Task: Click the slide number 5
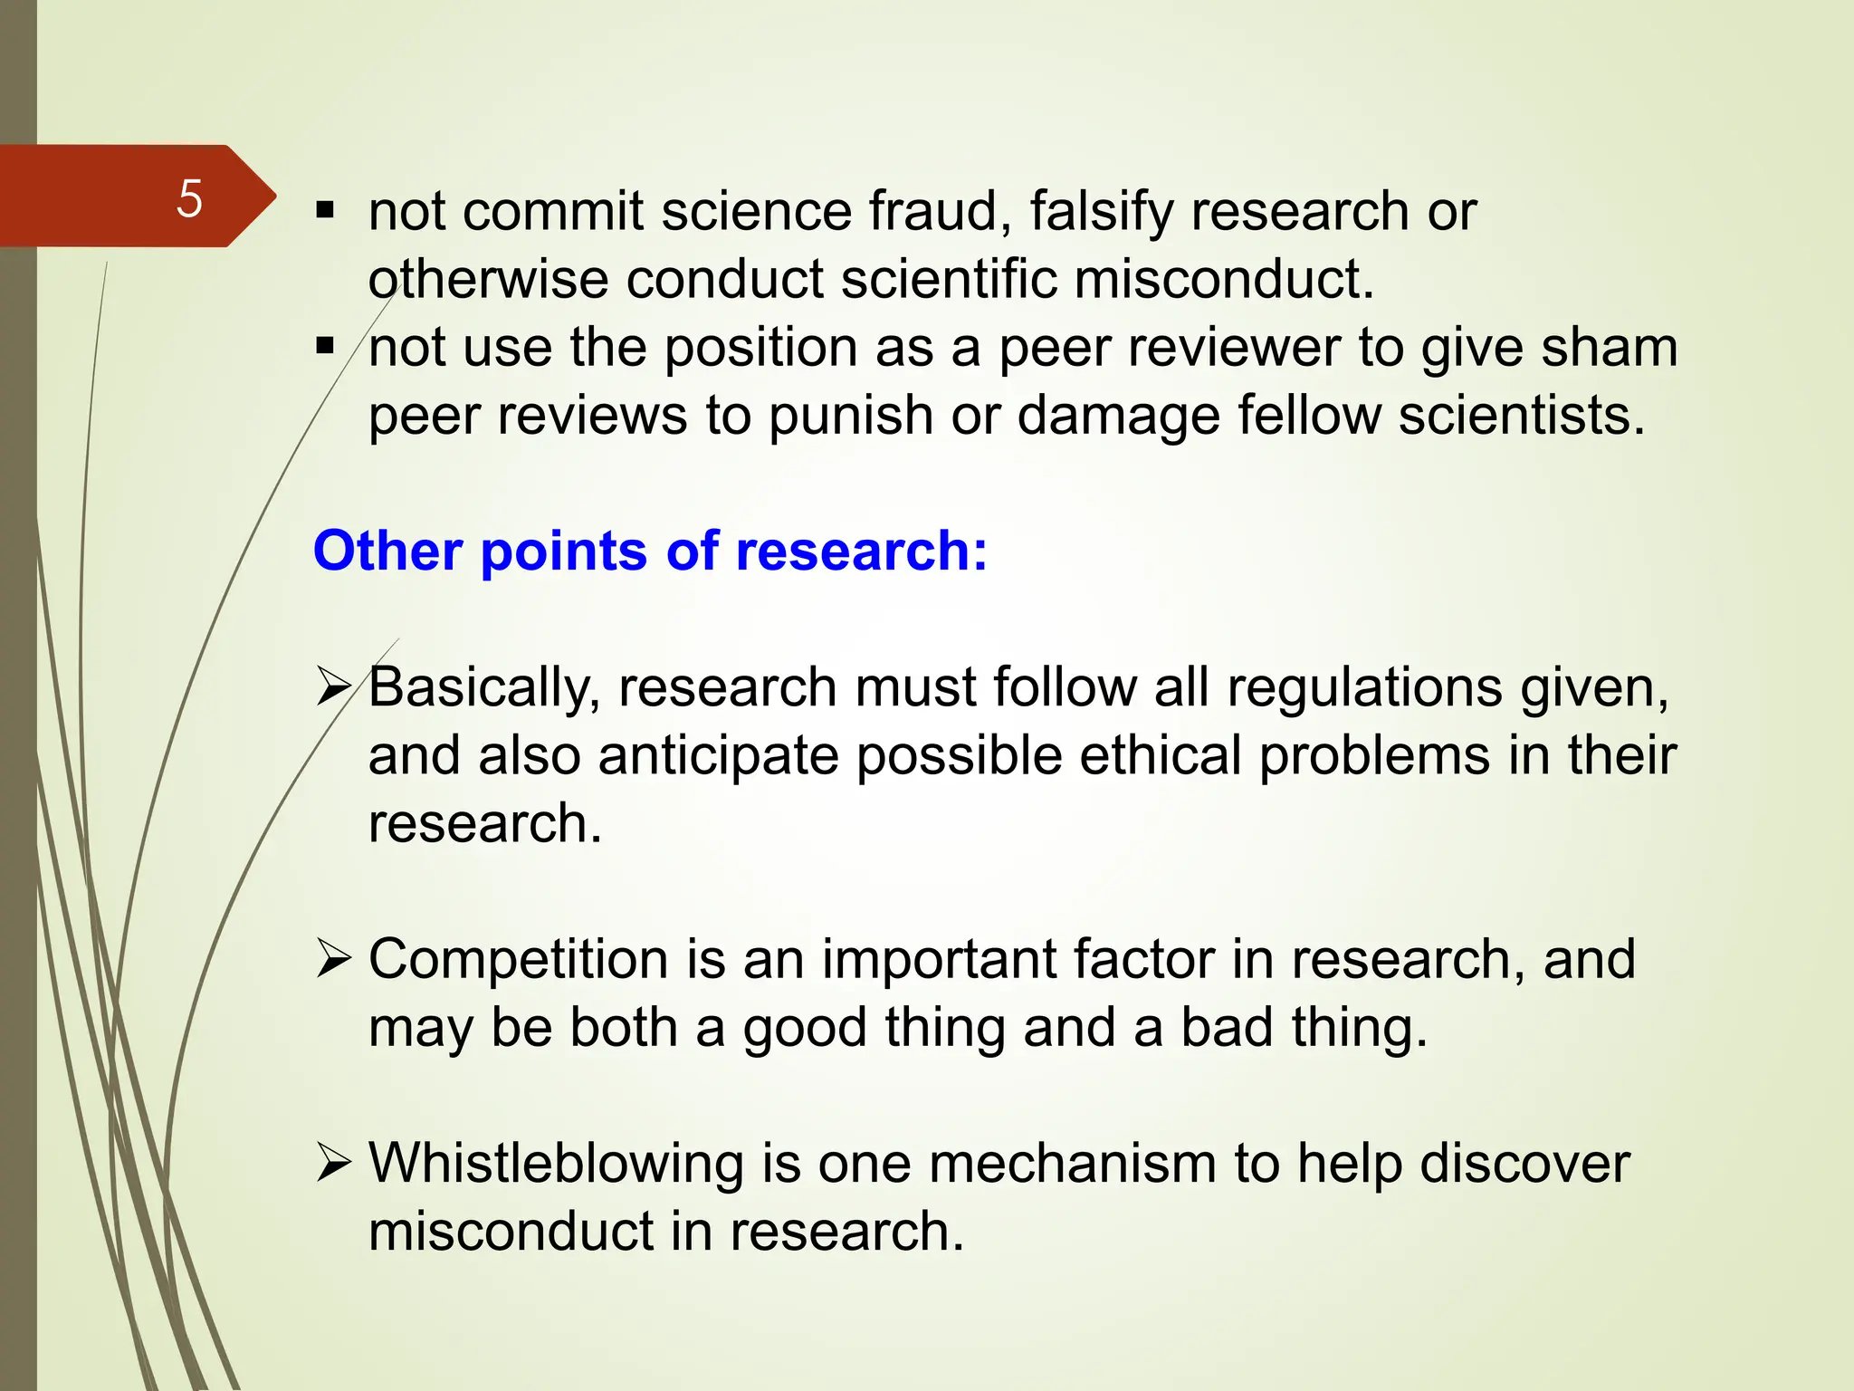point(189,198)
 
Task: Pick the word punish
point(850,417)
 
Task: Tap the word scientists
point(1521,416)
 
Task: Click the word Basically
point(484,688)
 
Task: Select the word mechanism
point(1072,1164)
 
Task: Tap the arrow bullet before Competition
point(333,960)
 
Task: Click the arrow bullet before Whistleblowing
point(333,1164)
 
